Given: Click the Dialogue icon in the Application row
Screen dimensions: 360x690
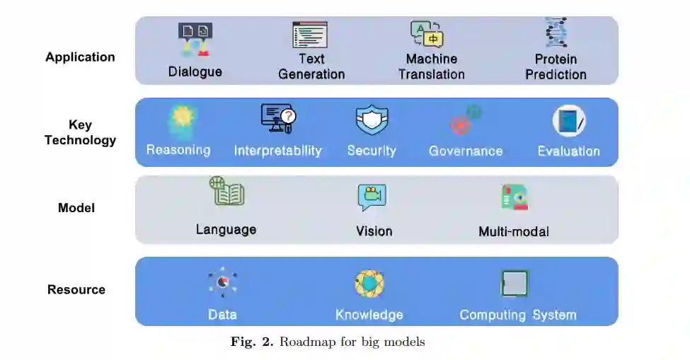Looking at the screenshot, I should click(195, 40).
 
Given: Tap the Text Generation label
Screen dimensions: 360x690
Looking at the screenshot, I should click(311, 66).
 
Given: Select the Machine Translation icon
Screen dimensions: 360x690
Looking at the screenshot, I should click(427, 34).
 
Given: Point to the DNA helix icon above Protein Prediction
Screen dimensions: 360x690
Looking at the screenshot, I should click(556, 33).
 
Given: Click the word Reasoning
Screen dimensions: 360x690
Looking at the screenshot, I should click(178, 150).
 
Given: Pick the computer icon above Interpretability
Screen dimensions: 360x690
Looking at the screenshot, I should click(278, 118).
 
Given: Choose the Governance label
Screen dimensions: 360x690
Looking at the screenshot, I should click(466, 151).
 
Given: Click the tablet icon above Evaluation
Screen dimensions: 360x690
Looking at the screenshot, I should click(569, 121).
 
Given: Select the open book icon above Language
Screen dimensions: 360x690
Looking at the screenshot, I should click(226, 192).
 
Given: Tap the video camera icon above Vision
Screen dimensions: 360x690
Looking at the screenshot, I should click(372, 197).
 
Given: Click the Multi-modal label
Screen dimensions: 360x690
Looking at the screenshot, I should click(514, 231).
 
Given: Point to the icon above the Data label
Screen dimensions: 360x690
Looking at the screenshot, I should click(222, 282).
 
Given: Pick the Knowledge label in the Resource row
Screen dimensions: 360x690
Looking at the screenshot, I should click(369, 315).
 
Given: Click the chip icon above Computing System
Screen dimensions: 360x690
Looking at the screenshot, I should click(514, 283).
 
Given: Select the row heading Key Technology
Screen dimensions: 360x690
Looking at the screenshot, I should click(80, 132).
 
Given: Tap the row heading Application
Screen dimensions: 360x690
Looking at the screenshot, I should click(80, 57).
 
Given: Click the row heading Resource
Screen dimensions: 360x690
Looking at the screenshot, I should click(76, 289).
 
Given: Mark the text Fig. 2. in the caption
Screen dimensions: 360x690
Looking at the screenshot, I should click(252, 342).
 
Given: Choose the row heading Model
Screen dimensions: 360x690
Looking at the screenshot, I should click(76, 208).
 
